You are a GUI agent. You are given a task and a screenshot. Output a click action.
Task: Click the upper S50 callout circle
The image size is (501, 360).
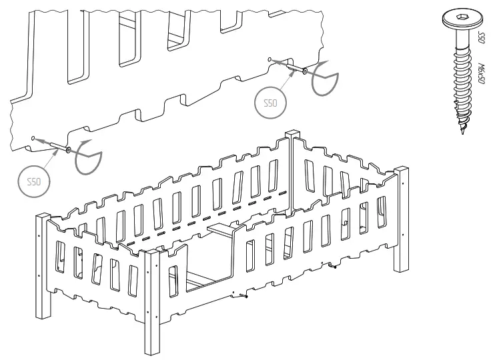pyautogui.click(x=271, y=104)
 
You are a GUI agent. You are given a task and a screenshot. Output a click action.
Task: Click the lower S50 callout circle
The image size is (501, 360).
pyautogui.click(x=33, y=181)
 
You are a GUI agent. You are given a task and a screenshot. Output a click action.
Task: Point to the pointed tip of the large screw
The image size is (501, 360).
pyautogui.click(x=463, y=135)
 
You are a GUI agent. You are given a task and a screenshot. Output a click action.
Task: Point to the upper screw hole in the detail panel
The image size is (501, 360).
pyautogui.click(x=270, y=59)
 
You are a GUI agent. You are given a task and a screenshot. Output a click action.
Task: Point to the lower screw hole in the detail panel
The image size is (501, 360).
pyautogui.click(x=33, y=138)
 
